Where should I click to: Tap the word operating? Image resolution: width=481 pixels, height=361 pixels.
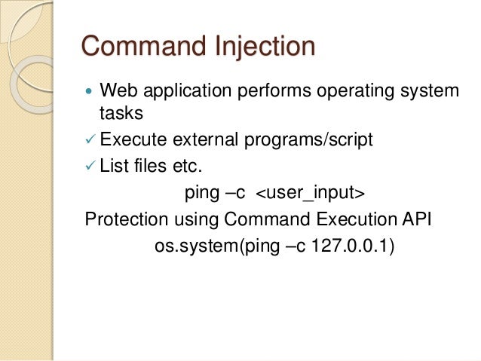[x=352, y=92]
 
